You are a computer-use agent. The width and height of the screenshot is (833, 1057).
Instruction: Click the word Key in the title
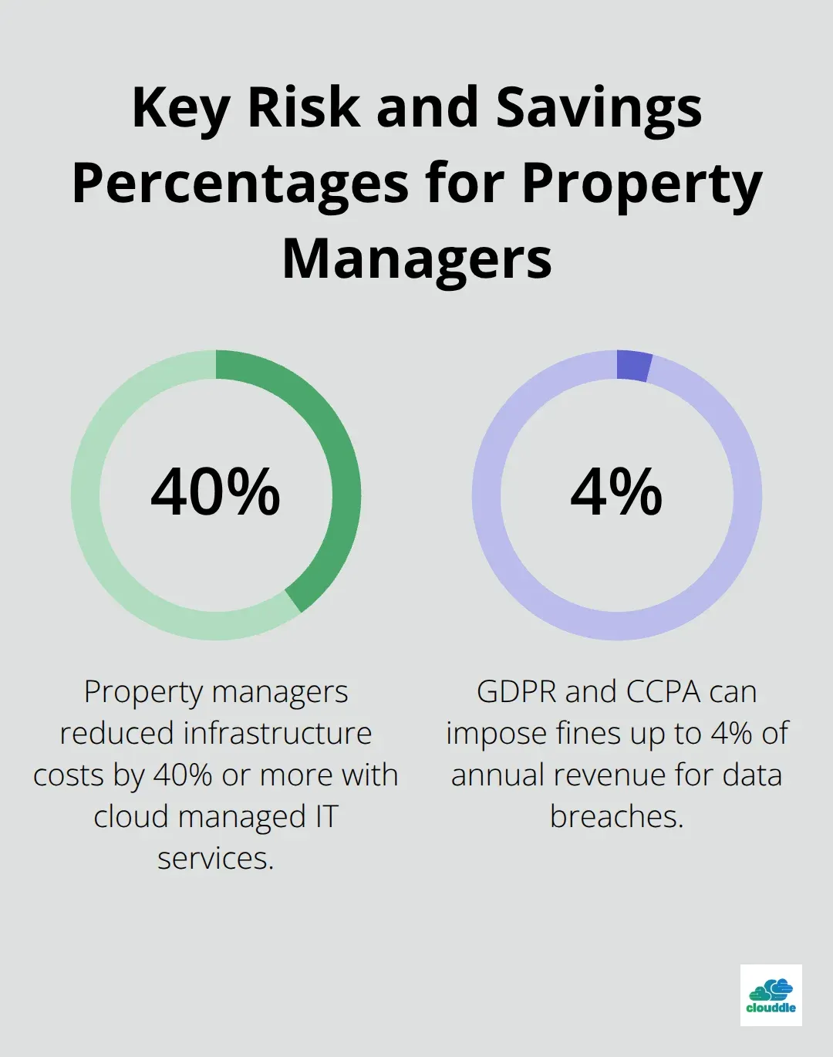point(180,108)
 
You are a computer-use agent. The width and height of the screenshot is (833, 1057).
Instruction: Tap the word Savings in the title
point(599,108)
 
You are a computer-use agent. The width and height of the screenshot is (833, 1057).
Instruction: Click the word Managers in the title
point(416,258)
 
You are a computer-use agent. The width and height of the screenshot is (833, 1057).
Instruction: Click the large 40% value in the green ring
point(216,492)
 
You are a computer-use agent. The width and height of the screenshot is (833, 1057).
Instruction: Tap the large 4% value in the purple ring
point(616,492)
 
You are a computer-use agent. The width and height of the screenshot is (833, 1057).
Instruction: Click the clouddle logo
point(771,995)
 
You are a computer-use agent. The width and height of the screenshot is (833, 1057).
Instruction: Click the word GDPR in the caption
point(516,692)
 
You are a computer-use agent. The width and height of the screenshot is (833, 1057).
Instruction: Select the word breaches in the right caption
point(616,817)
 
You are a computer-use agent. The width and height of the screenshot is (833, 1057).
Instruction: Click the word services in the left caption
point(216,859)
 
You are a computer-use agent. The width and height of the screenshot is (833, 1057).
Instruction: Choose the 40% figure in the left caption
point(183,775)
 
